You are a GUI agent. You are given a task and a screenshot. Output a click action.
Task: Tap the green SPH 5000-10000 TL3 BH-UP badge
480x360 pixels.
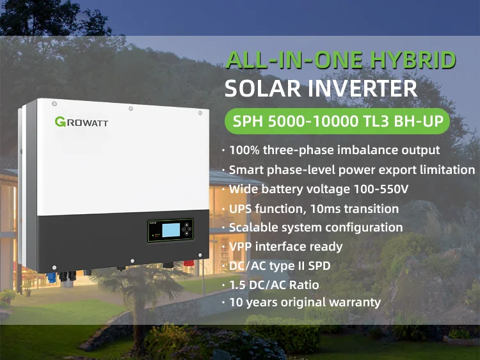pyautogui.click(x=337, y=121)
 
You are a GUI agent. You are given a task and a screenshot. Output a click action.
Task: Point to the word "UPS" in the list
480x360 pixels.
pyautogui.click(x=241, y=208)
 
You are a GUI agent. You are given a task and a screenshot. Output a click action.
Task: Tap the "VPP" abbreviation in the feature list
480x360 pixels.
pyautogui.click(x=241, y=246)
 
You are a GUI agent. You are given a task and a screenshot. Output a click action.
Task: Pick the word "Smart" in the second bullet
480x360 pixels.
pyautogui.click(x=245, y=169)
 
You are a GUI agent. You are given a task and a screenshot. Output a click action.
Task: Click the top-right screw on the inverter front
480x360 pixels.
pyautogui.click(x=200, y=113)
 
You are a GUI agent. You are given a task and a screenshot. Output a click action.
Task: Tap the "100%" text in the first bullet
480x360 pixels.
pyautogui.click(x=244, y=150)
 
